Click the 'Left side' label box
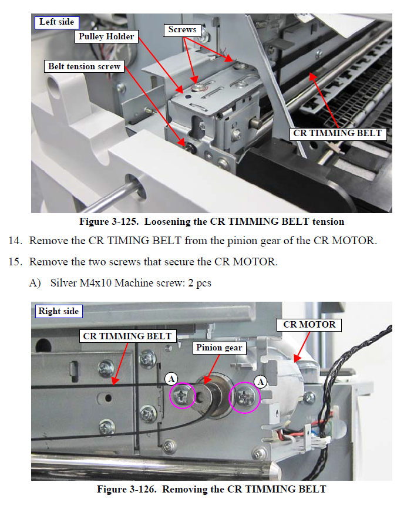(x=57, y=22)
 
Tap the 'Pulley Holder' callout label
(x=106, y=36)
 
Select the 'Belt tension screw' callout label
(x=85, y=66)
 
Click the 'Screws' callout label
(x=183, y=30)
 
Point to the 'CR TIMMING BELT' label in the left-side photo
(x=338, y=134)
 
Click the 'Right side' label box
(x=59, y=312)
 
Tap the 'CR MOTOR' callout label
(x=309, y=325)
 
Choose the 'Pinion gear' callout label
(x=219, y=348)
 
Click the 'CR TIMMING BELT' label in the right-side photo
(x=127, y=336)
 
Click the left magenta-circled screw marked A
(x=182, y=395)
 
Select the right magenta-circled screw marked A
(x=244, y=397)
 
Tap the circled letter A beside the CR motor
(x=260, y=382)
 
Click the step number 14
(x=15, y=241)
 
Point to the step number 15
(x=15, y=262)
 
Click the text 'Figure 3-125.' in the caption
(x=109, y=222)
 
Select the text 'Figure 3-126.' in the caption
(x=127, y=489)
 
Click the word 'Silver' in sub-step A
(x=63, y=283)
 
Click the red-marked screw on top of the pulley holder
(x=197, y=87)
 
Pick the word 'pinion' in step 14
(x=242, y=241)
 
